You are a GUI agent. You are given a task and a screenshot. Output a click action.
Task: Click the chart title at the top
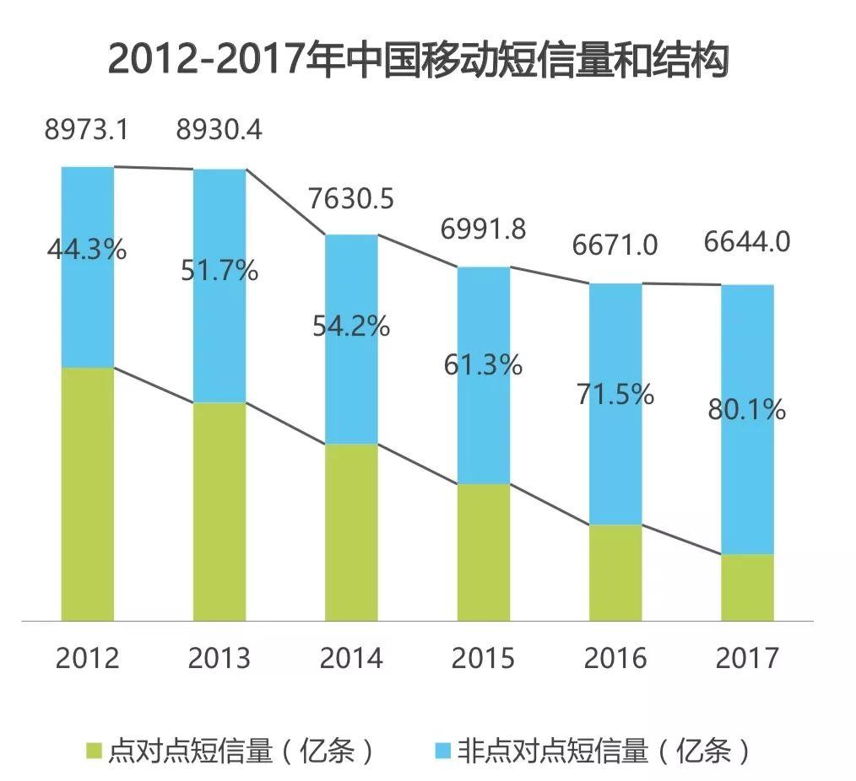pos(418,61)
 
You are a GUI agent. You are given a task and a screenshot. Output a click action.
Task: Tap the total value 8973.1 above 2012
pos(88,131)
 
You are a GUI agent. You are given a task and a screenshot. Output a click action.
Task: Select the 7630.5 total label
pos(350,200)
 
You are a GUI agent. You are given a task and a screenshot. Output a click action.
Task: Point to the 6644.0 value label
pos(747,243)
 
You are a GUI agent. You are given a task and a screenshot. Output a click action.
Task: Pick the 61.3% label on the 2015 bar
pos(483,364)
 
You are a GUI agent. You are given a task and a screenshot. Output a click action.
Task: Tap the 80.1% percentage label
pos(747,410)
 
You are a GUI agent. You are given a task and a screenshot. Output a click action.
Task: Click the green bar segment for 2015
pos(484,552)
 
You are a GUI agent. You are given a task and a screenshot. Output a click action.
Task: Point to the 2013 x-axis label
pos(219,658)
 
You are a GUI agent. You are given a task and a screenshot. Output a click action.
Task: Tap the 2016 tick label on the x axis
pos(615,658)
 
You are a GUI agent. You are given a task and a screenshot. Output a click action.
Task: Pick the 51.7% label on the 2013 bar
pos(219,272)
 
